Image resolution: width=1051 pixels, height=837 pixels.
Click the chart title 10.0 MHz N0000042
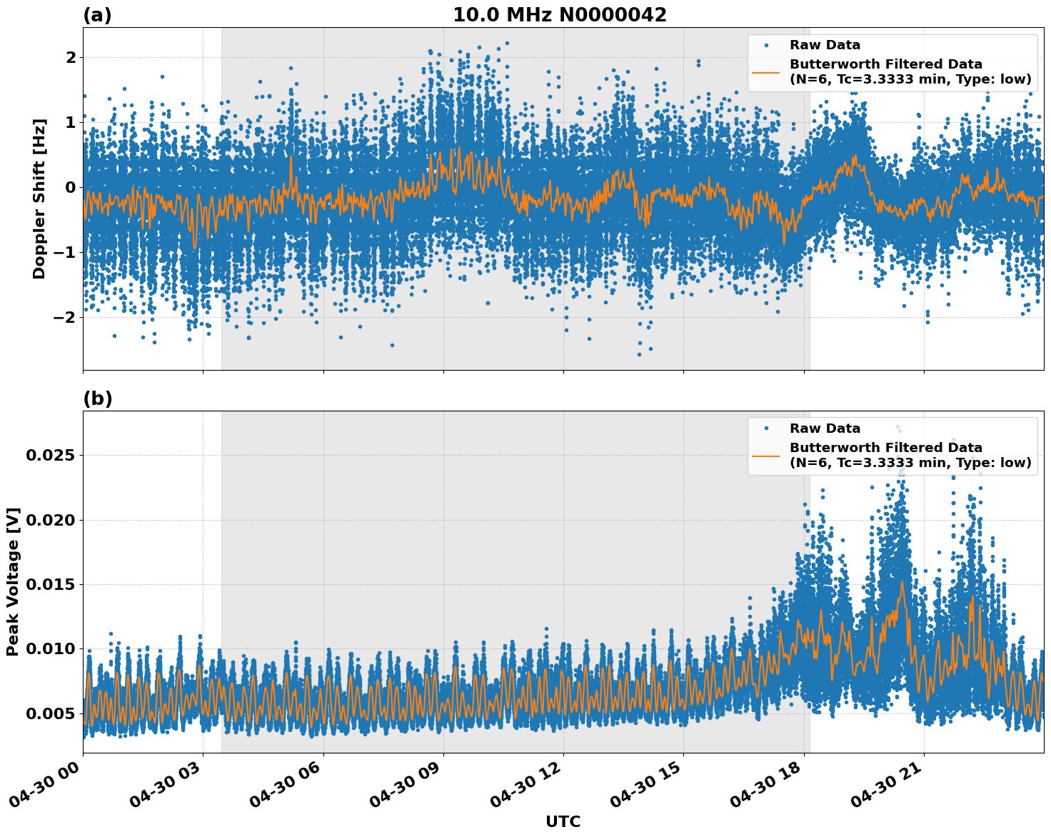pos(559,15)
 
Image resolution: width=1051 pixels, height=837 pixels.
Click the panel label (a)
pos(97,15)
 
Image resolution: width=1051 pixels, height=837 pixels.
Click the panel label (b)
pos(97,399)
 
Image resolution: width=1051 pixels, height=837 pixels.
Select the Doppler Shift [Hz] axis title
pos(39,199)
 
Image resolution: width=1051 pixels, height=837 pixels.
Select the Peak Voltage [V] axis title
pos(13,581)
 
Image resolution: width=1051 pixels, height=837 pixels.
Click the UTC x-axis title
pos(563,821)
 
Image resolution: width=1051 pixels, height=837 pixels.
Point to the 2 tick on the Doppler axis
pos(70,57)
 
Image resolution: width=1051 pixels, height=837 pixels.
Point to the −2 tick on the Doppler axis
pos(64,317)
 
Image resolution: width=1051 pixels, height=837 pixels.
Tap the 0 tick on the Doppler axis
pos(70,187)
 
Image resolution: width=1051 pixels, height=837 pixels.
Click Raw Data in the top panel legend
pos(825,46)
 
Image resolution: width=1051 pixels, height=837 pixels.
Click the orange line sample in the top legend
pos(766,71)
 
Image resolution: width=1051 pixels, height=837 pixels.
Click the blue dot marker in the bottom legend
pos(766,428)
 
